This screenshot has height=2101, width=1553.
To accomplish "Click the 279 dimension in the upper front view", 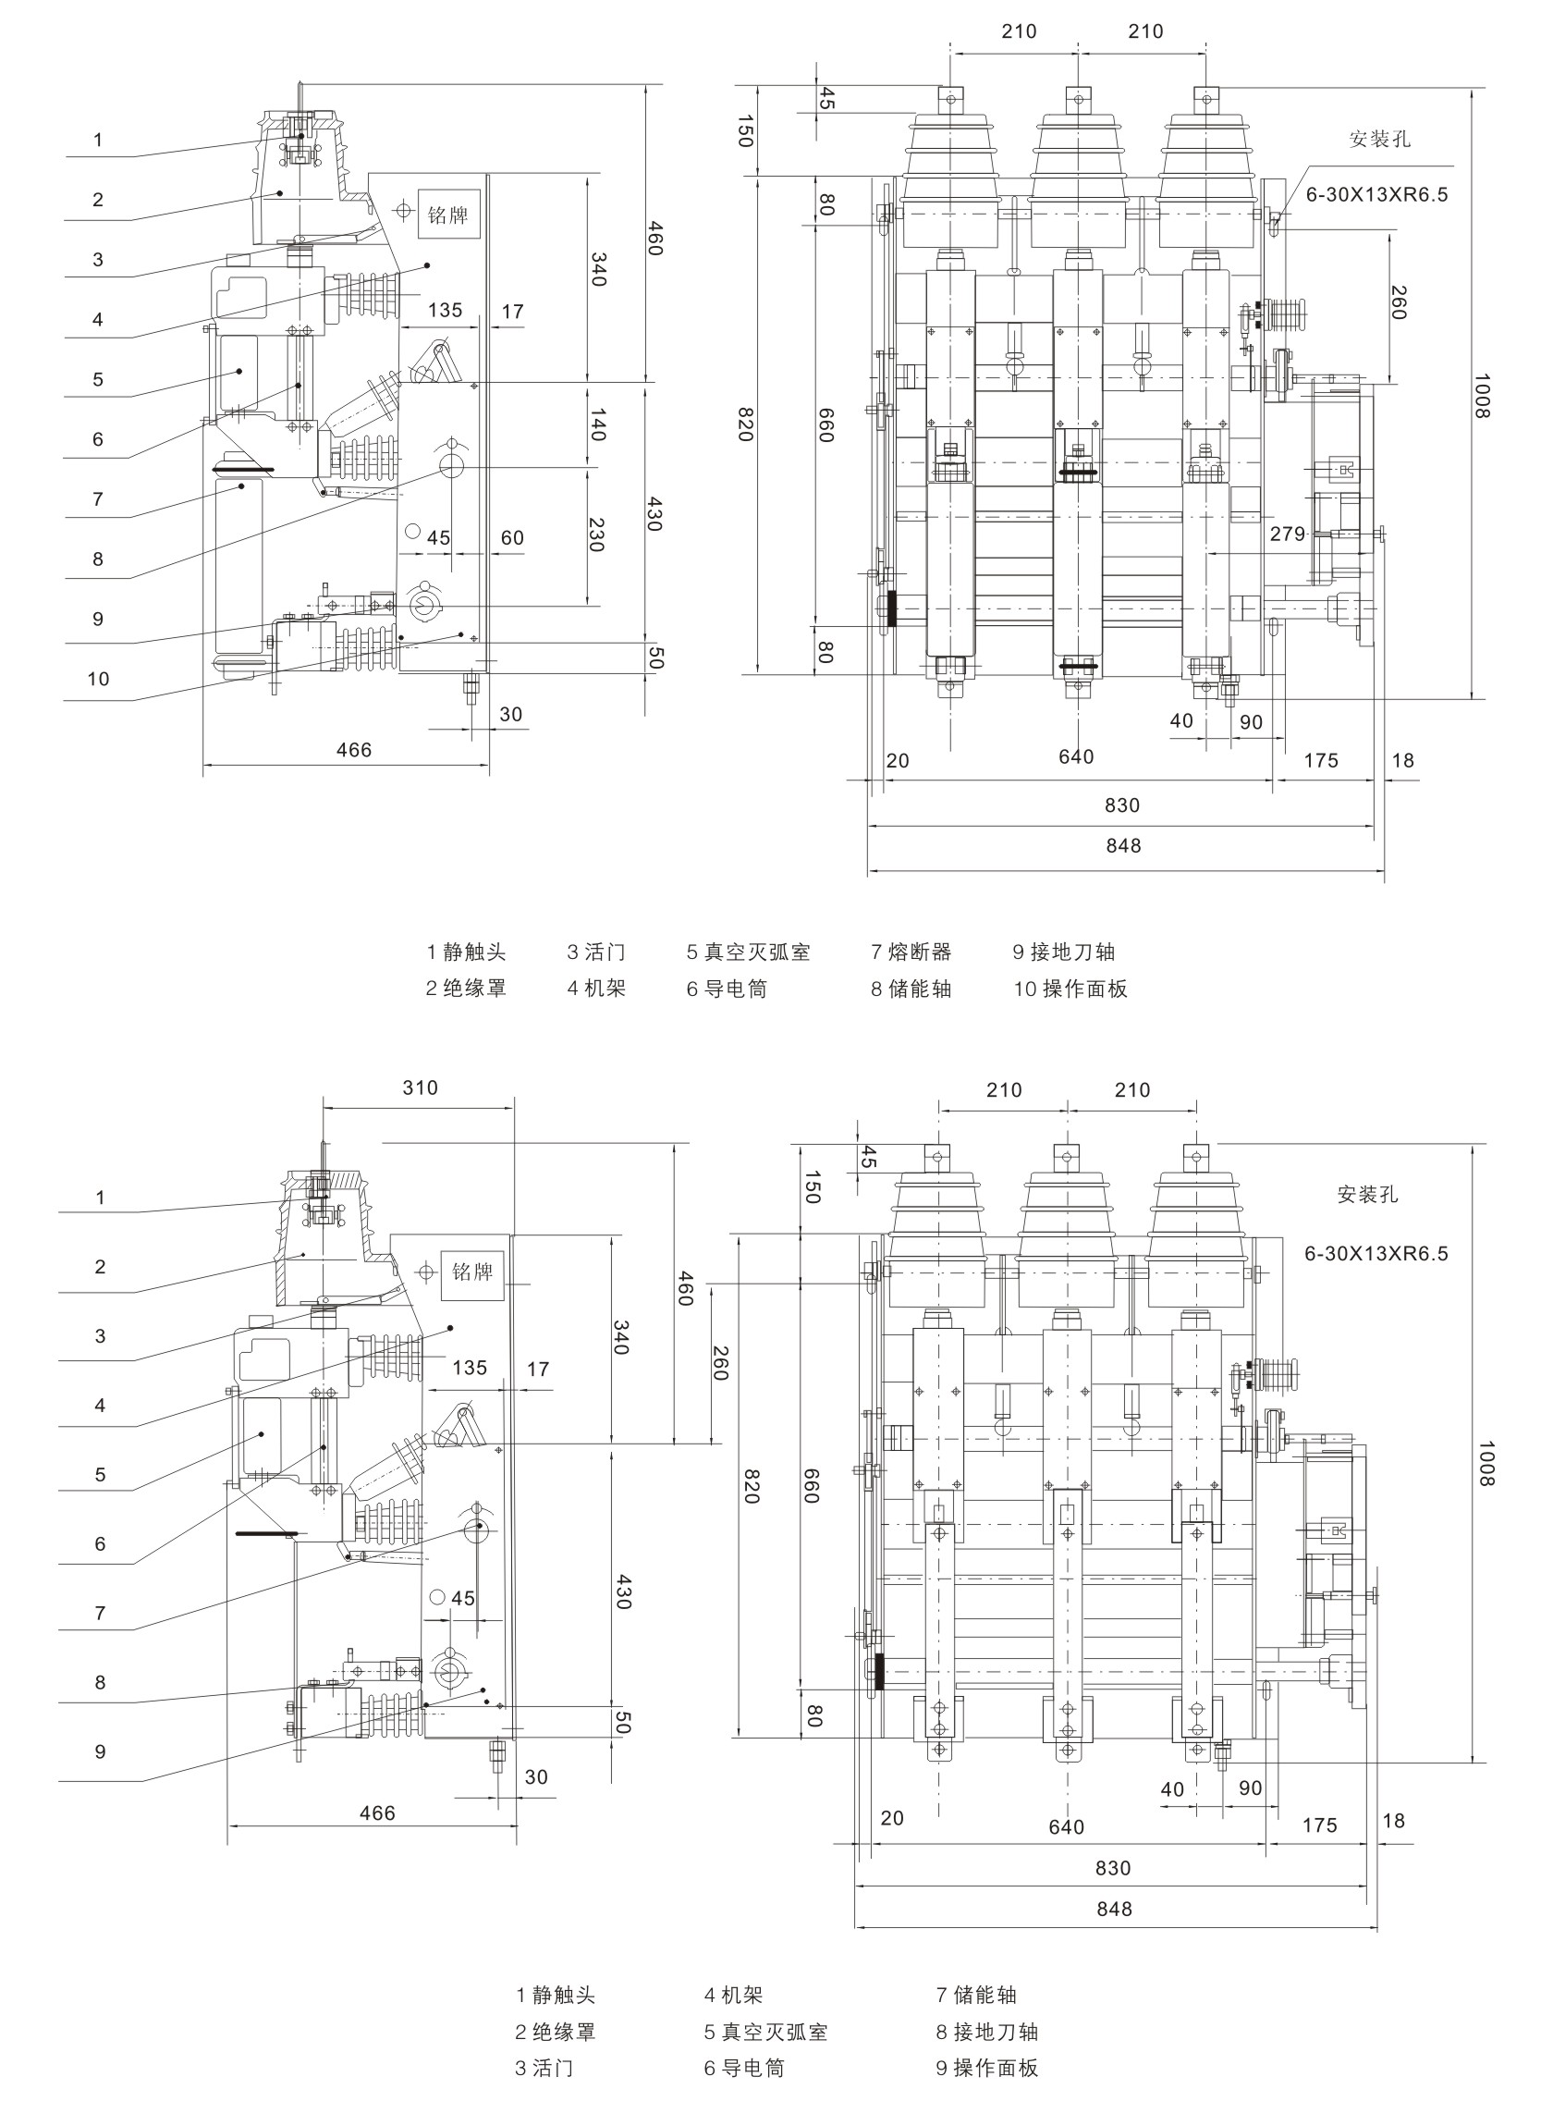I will click(1287, 534).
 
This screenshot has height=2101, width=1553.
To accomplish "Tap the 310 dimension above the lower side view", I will click(421, 1087).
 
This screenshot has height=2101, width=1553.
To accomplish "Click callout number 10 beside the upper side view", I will click(99, 679).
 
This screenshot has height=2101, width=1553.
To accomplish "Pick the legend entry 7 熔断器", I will click(911, 952).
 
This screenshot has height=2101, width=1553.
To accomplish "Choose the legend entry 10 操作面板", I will click(1070, 989).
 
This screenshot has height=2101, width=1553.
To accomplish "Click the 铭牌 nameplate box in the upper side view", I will click(447, 215).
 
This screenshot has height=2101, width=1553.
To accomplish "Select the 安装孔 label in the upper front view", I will click(1379, 140).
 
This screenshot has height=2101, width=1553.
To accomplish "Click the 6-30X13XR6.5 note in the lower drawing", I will click(1376, 1254).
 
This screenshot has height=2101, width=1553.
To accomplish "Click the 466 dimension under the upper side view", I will click(353, 750).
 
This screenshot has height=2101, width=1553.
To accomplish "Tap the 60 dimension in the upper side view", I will click(511, 538).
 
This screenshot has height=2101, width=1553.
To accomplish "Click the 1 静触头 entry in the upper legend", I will click(465, 952).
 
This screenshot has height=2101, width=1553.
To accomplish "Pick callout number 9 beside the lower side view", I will click(101, 1751).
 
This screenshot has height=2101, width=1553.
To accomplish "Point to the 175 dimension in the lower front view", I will click(1319, 1825).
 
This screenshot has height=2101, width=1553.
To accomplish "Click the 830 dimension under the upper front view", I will click(1121, 805).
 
